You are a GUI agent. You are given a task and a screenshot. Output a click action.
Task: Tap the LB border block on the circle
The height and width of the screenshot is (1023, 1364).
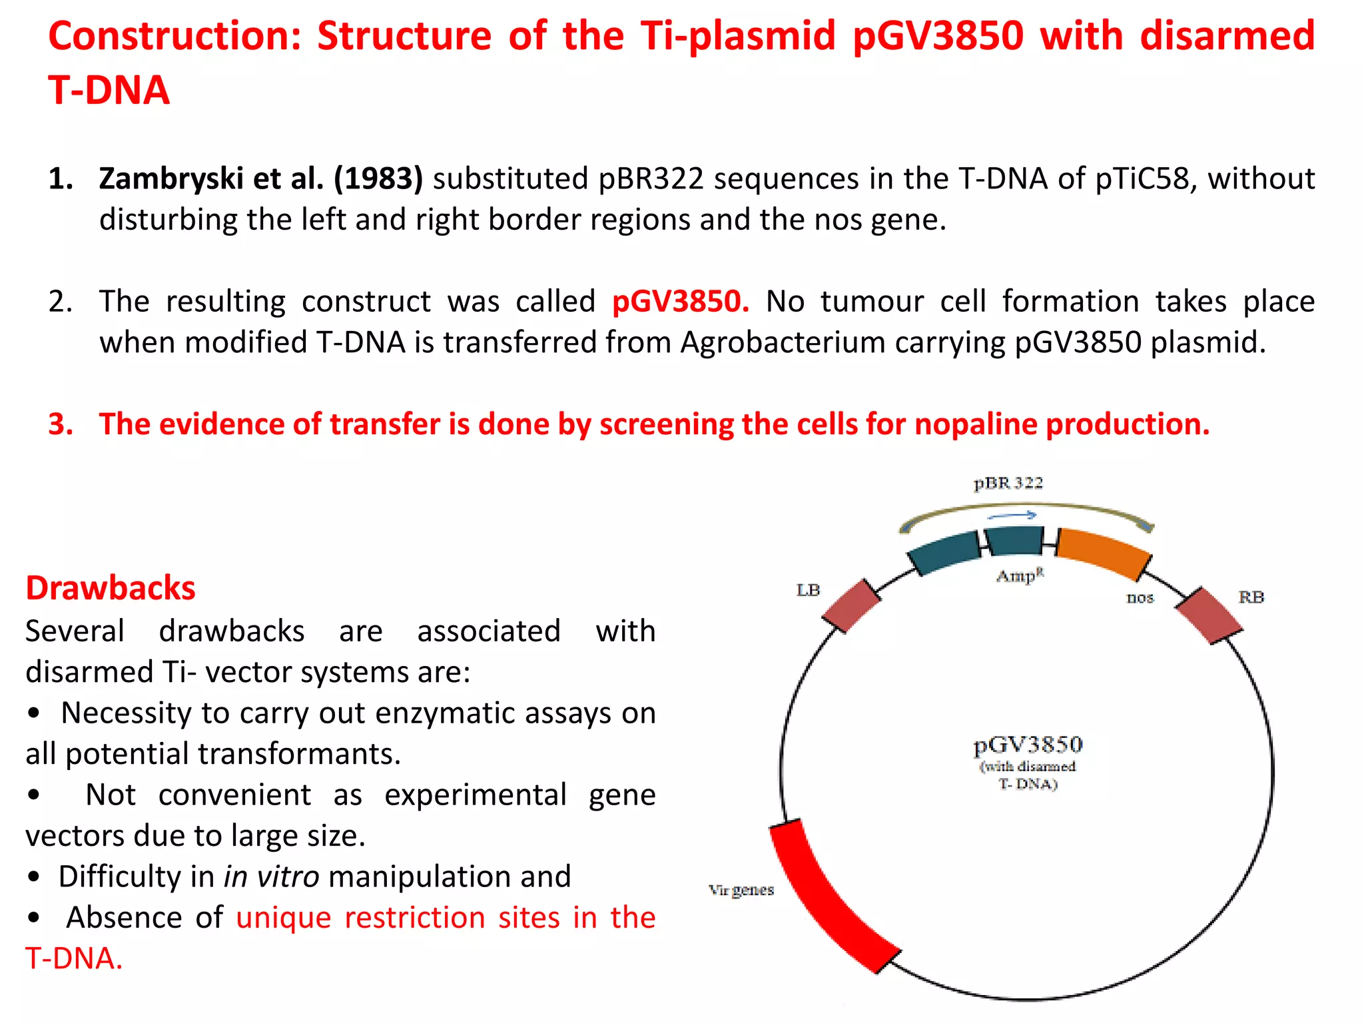click(851, 605)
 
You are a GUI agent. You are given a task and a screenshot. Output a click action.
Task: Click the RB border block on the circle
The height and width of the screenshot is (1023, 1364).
click(1208, 615)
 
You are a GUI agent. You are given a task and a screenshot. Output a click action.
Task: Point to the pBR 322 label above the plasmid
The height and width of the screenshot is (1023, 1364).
click(1008, 483)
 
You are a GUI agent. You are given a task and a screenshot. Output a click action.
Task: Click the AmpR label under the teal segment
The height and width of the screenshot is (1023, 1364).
click(1020, 575)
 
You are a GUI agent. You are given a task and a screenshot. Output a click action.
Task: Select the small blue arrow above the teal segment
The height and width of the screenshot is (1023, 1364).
click(1012, 515)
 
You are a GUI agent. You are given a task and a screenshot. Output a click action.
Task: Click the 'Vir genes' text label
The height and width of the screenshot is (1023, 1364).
click(741, 890)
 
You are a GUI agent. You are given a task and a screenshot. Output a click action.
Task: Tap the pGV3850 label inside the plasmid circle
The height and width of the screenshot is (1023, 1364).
click(1028, 745)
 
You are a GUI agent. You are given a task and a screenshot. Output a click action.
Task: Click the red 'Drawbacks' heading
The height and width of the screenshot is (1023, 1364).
click(111, 588)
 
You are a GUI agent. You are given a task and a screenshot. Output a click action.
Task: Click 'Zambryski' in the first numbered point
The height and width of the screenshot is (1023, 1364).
click(170, 178)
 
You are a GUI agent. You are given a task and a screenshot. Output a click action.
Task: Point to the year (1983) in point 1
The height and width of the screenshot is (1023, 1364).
click(378, 178)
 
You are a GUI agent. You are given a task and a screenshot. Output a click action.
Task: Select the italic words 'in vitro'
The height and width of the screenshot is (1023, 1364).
click(271, 876)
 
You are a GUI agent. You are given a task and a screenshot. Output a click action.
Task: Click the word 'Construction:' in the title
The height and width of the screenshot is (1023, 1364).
click(175, 36)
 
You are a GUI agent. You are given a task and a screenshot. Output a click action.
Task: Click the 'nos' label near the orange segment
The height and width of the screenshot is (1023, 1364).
click(1140, 597)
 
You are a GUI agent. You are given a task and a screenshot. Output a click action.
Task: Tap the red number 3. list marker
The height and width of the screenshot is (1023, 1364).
click(60, 424)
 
